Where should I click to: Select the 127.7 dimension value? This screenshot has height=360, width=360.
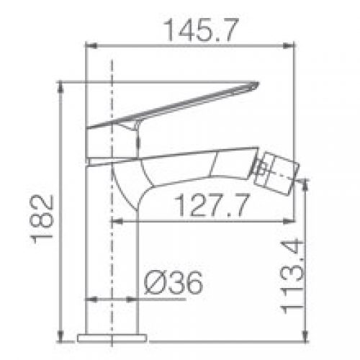click(212, 205)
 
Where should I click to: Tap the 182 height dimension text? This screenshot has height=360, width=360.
click(41, 220)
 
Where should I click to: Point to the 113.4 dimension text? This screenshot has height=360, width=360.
click(292, 276)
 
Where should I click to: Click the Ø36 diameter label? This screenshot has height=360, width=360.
click(174, 282)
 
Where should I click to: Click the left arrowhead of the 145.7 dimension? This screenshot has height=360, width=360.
click(91, 45)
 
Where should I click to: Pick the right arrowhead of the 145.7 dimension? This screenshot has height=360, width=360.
click(289, 45)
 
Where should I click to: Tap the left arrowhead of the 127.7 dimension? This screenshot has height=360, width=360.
click(117, 222)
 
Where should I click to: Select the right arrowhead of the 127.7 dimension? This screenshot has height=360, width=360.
click(289, 222)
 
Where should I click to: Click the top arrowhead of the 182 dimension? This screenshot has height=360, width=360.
click(61, 87)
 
